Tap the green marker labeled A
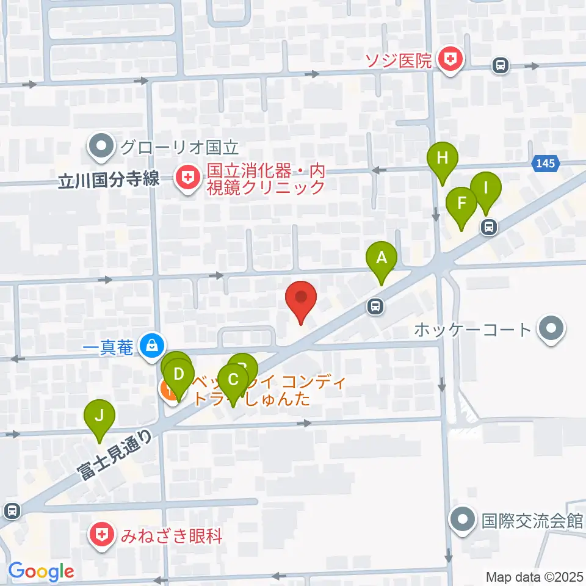[x=382, y=258]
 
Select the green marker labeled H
[x=443, y=159]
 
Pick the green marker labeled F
[x=461, y=203]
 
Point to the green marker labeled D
[x=178, y=373]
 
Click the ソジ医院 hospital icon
[x=451, y=59]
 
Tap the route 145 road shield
[x=546, y=163]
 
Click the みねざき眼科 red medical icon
[x=100, y=535]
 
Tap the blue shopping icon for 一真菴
[x=150, y=346]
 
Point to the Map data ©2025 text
[x=534, y=576]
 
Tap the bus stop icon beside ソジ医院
[x=500, y=65]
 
